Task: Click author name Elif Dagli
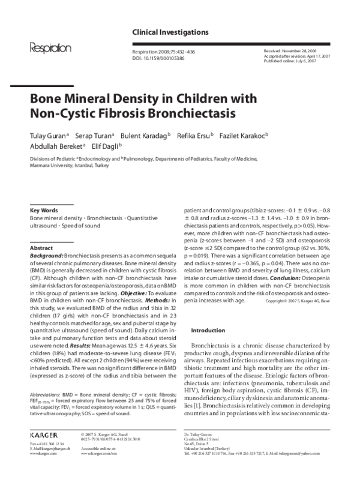(104, 145)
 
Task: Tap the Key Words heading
(44, 210)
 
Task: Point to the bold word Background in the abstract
(46, 255)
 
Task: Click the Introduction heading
(208, 331)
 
